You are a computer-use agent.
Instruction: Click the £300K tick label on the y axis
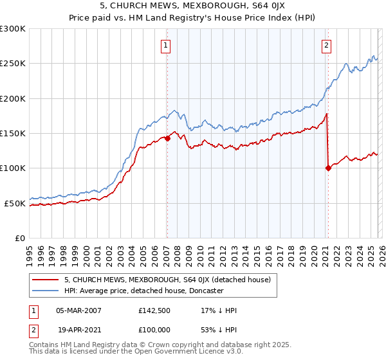[x=13, y=29]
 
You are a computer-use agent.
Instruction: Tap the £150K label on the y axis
[x=13, y=134]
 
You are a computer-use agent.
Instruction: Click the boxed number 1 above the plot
[x=167, y=45]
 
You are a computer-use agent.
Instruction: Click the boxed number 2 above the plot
[x=327, y=45]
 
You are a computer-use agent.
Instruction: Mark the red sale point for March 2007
[x=167, y=138]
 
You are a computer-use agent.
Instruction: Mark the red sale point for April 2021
[x=328, y=168]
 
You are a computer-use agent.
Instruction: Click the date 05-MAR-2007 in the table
[x=78, y=310]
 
